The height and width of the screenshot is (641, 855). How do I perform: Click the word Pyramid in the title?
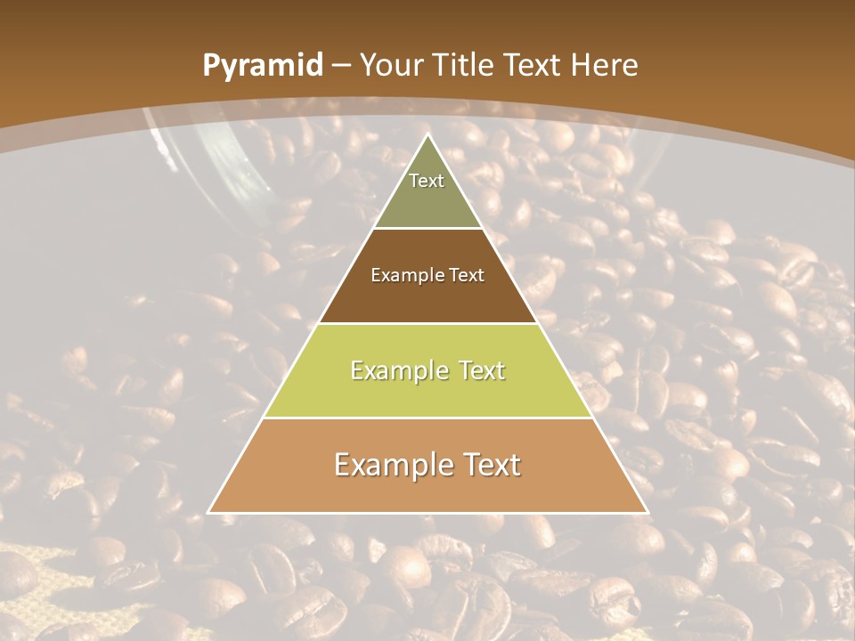pyautogui.click(x=262, y=66)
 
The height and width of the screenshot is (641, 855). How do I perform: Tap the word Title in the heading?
pyautogui.click(x=466, y=65)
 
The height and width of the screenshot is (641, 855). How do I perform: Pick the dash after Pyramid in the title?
pyautogui.click(x=340, y=66)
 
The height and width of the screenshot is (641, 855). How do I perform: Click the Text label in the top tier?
pyautogui.click(x=427, y=181)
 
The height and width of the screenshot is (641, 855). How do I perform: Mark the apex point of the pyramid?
pyautogui.click(x=427, y=135)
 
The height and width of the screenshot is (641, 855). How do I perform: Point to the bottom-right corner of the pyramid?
pyautogui.click(x=647, y=512)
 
